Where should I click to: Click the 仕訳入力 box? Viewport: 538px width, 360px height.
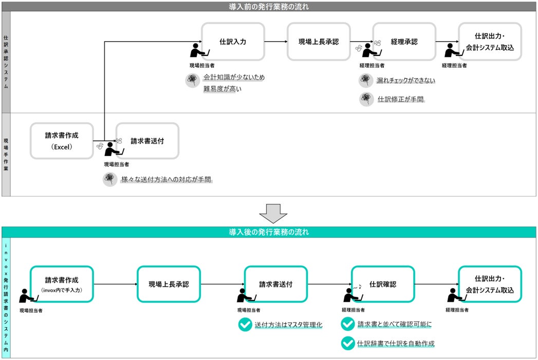233,42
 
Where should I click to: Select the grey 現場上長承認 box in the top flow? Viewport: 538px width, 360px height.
319,42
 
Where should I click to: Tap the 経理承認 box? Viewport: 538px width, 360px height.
404,42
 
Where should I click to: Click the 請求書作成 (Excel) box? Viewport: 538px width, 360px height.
62,140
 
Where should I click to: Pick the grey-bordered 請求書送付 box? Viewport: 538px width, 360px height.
147,140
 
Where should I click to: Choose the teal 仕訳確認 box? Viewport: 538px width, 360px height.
382,284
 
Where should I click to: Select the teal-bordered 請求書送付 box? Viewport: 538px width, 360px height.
275,284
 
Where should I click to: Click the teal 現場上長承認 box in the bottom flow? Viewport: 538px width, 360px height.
169,284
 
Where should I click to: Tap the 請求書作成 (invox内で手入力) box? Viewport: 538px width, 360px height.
62,284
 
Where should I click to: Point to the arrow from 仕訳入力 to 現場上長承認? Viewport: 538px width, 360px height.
276,42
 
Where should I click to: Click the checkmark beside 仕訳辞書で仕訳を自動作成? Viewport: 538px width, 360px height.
348,343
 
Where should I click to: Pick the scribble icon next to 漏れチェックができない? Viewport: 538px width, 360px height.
365,80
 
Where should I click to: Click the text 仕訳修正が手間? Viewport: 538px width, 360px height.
401,99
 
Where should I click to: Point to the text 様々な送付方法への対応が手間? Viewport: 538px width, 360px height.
166,179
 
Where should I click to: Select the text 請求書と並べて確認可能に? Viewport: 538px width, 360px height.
395,325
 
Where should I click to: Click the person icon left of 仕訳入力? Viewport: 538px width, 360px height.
197,50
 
